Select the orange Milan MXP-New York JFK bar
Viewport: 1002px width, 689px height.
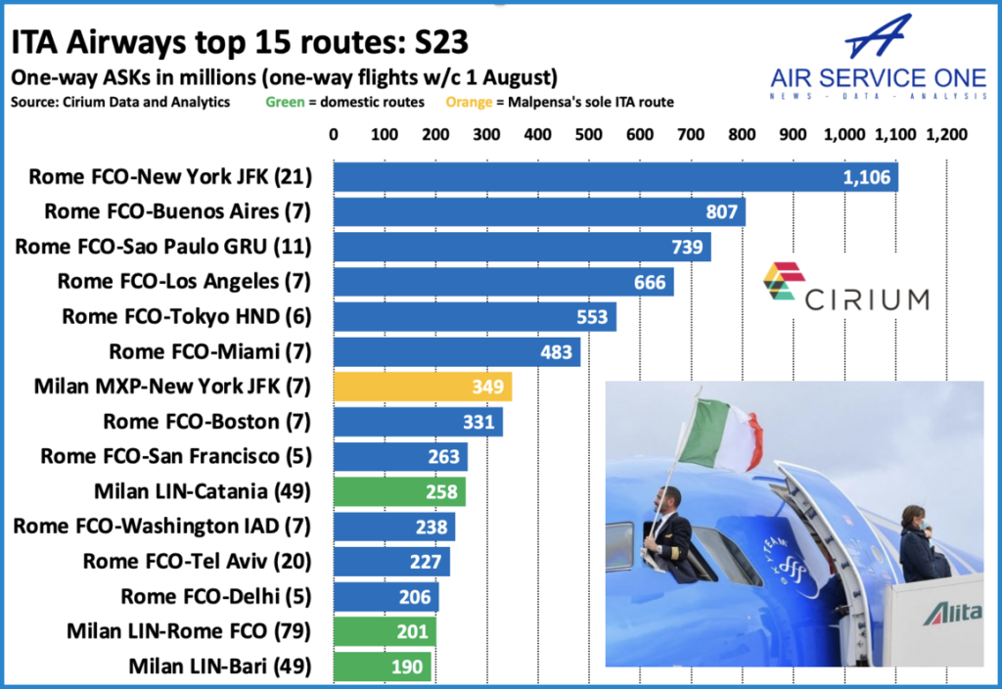pos(422,387)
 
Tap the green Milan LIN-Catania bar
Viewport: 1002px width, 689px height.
pos(399,491)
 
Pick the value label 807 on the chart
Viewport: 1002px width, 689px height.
pos(722,212)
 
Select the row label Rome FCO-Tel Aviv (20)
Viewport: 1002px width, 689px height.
pos(197,561)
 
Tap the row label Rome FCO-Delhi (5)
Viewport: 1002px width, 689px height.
pos(215,596)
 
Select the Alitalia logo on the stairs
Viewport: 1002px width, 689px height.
pos(948,614)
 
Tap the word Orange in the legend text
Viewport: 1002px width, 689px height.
pos(465,102)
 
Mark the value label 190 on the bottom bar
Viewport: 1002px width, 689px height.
pos(410,666)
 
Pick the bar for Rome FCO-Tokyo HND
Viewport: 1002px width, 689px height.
pos(475,317)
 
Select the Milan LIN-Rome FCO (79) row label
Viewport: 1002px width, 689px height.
pos(189,631)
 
